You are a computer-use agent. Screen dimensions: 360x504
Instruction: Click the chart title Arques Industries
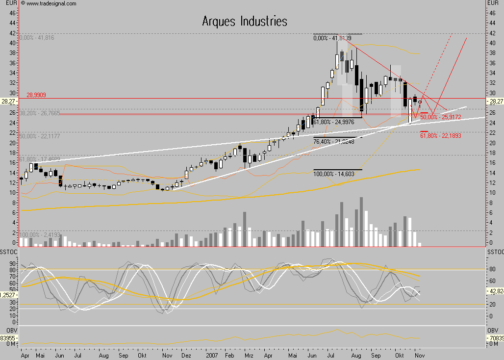[245, 22]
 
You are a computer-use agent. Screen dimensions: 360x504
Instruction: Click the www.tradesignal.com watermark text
[51, 3]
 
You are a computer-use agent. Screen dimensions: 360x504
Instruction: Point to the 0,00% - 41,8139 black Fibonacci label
[332, 38]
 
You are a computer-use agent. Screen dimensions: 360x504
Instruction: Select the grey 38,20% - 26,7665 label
[40, 113]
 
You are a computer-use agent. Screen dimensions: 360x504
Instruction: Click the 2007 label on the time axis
[212, 355]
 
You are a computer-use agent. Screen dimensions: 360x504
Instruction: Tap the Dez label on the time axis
[186, 355]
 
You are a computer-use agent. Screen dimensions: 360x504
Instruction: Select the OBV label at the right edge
[495, 330]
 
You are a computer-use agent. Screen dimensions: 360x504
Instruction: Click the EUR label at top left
[8, 3]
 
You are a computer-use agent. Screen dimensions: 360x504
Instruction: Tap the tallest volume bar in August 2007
[361, 221]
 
